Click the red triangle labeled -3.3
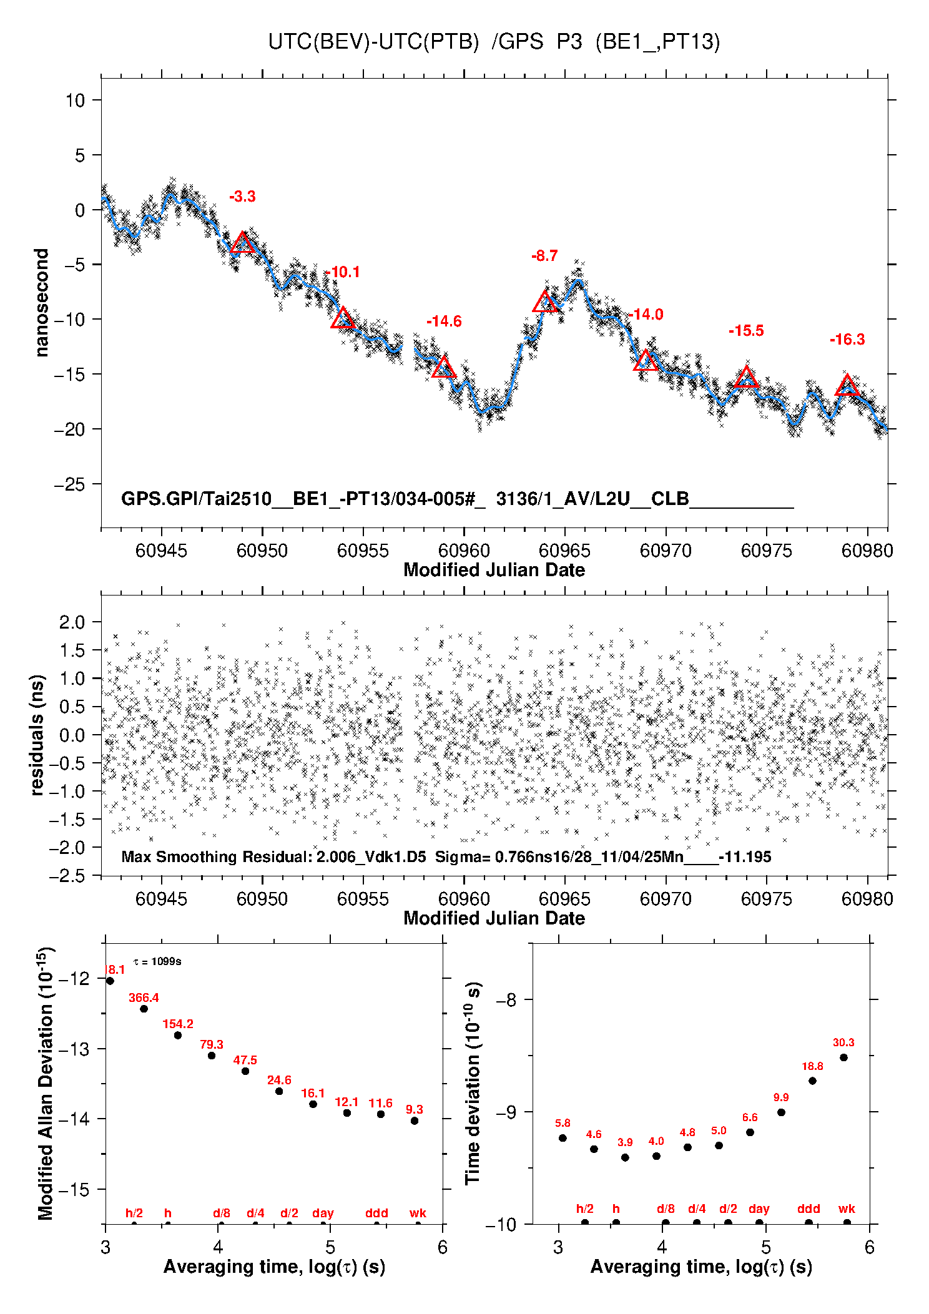[242, 243]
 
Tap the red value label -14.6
[444, 321]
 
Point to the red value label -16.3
[847, 340]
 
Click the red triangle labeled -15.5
[746, 378]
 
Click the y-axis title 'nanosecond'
[42, 303]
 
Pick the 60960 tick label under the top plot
[464, 551]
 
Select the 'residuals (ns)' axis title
[37, 735]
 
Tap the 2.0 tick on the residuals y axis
[72, 622]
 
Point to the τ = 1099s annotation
[157, 961]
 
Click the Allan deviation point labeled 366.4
[144, 1009]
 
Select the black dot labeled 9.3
[415, 1120]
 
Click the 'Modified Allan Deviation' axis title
[45, 1083]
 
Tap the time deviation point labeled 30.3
[843, 1057]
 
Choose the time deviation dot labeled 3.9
[625, 1157]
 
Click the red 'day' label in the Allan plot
[323, 1213]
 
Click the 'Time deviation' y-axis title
[473, 1083]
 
